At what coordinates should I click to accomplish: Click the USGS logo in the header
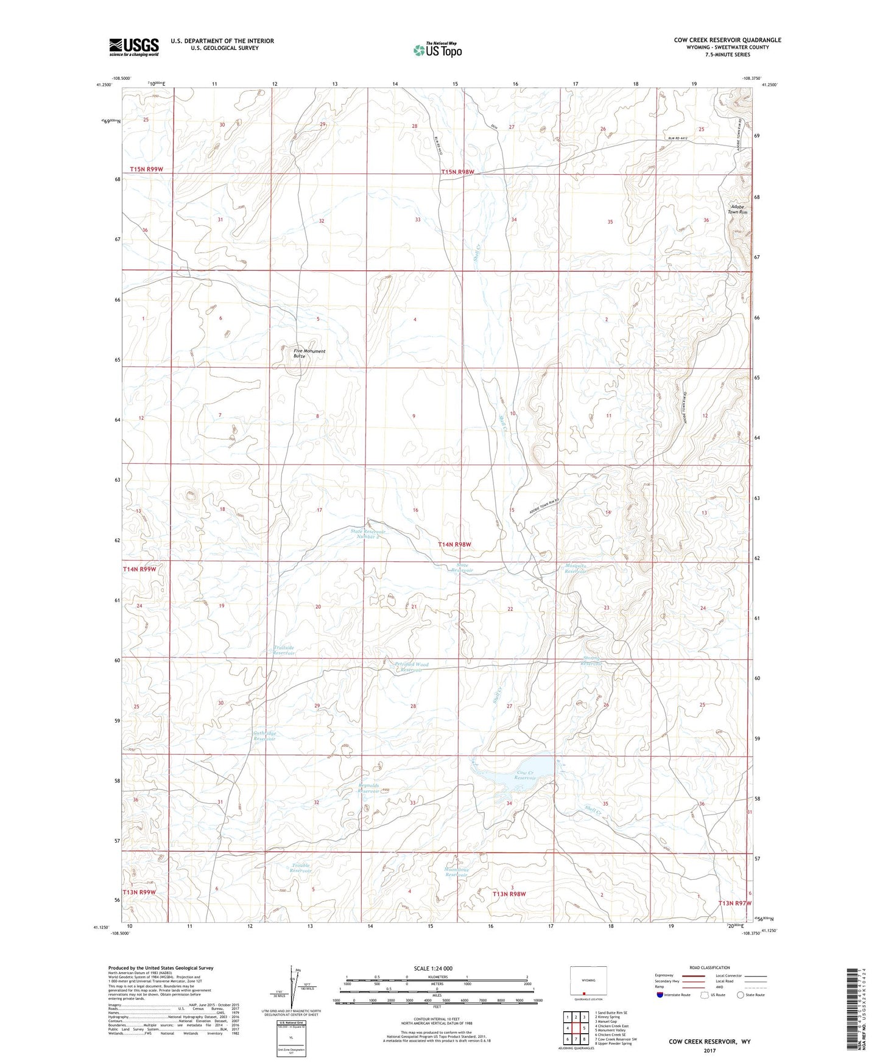tap(134, 47)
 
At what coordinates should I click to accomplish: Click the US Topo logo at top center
tap(437, 50)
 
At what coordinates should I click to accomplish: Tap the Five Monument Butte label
tap(309, 353)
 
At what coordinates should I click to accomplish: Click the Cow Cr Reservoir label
tap(526, 776)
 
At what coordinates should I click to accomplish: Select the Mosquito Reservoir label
tap(575, 569)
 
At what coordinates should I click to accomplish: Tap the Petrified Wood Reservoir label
tap(412, 667)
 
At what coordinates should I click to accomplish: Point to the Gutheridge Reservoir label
tap(264, 735)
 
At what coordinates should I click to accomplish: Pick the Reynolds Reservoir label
tap(368, 788)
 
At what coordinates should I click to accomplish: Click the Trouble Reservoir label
tap(300, 868)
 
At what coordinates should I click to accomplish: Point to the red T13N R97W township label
tap(734, 903)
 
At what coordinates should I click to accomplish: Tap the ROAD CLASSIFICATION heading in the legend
tap(710, 967)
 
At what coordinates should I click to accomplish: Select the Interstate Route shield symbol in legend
tap(661, 994)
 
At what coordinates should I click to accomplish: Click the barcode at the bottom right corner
tap(854, 1008)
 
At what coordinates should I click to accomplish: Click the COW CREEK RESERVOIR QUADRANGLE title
tap(727, 40)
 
